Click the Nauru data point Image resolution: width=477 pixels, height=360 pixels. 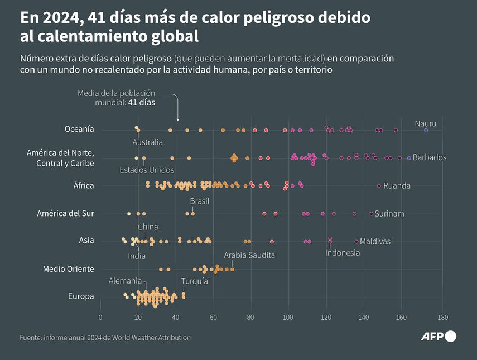426,129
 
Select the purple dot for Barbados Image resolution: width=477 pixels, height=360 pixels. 409,158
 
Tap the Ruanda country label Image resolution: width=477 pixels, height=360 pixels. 397,185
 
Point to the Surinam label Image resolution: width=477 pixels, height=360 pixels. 389,213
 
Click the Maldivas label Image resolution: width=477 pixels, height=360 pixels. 375,241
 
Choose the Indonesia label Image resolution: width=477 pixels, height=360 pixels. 343,252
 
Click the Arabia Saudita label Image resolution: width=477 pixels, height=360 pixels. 249,255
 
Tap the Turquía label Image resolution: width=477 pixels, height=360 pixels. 195,281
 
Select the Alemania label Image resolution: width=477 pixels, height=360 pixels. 125,280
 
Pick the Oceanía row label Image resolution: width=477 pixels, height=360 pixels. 79,129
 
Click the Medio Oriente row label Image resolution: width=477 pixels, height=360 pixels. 69,269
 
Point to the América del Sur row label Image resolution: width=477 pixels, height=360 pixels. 65,213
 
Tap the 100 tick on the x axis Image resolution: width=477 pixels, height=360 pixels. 288,318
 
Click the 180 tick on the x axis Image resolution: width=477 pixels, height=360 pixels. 442,318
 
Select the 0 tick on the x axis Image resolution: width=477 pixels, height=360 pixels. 100,318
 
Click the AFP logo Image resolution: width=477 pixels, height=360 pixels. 439,336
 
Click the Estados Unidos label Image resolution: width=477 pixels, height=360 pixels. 147,170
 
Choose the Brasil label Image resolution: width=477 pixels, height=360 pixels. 200,201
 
